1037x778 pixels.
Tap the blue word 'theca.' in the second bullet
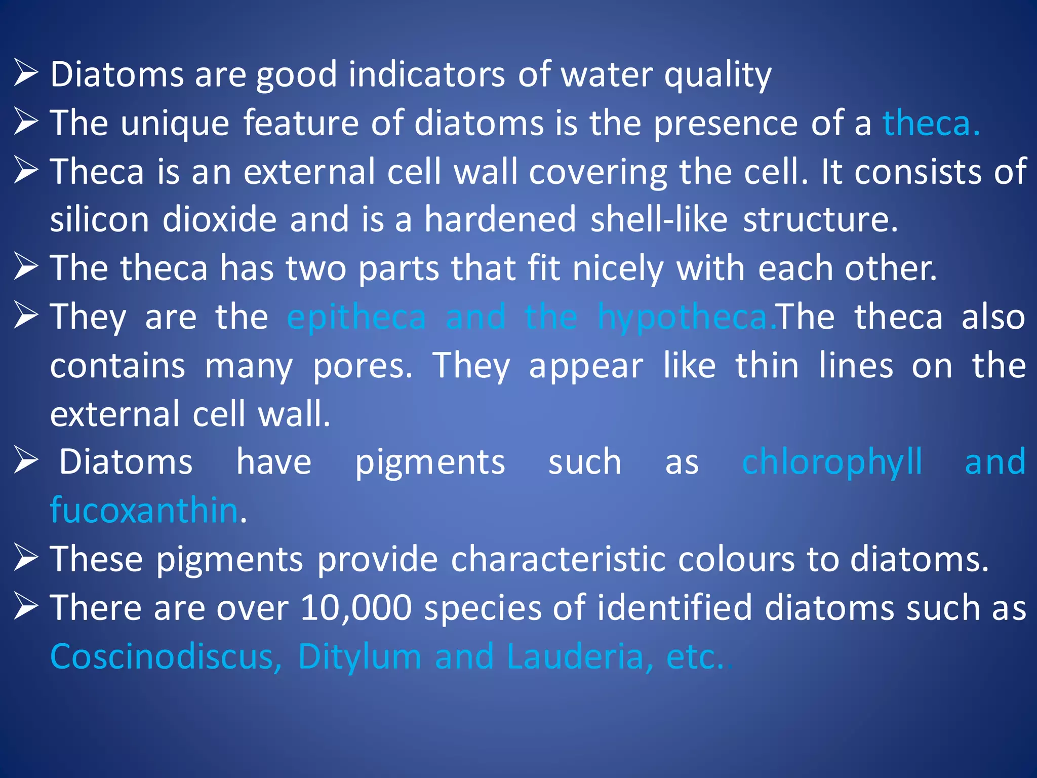(x=931, y=123)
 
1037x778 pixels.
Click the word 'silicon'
(x=99, y=220)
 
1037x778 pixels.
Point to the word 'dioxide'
(x=219, y=220)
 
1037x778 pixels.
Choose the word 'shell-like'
(x=659, y=220)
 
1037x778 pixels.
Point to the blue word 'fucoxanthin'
(x=144, y=510)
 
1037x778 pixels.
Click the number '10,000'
(x=356, y=608)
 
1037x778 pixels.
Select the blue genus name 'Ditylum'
(x=360, y=657)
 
